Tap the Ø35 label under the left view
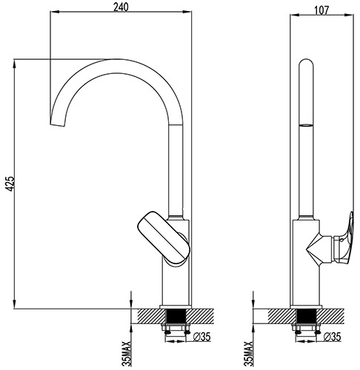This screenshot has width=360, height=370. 200,337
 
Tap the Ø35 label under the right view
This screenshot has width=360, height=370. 333,337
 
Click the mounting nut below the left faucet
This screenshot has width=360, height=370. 175,326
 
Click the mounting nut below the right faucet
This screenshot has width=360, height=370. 305,326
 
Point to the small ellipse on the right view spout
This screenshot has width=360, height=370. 305,128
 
